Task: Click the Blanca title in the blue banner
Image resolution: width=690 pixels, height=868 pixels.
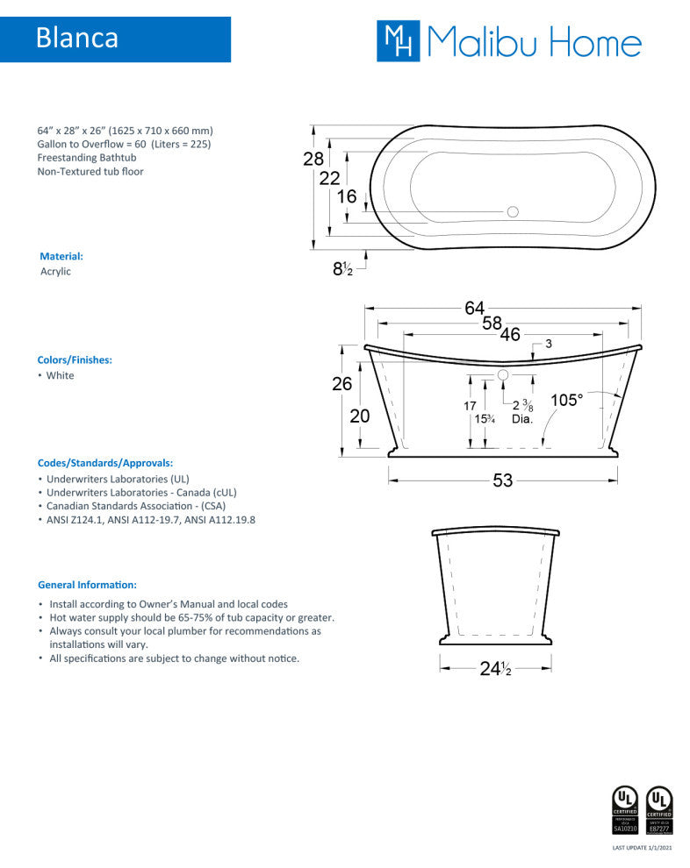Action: [x=77, y=39]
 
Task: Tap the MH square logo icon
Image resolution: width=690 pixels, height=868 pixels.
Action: [x=399, y=41]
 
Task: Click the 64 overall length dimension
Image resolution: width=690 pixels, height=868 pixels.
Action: [x=474, y=308]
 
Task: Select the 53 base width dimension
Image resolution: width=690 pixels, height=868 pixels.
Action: [x=502, y=480]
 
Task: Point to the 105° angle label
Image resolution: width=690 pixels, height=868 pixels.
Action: [x=566, y=400]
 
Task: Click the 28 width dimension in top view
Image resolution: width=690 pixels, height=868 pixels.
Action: [x=313, y=159]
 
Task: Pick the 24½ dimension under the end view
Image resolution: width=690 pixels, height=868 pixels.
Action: [x=495, y=669]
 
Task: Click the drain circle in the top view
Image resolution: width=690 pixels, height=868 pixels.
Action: [x=514, y=211]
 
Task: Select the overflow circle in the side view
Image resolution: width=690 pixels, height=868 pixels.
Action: [x=504, y=375]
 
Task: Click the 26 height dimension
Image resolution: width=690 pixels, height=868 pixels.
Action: [x=341, y=383]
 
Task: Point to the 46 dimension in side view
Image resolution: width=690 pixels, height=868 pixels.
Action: [x=510, y=334]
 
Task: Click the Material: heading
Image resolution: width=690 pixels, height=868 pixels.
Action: [x=61, y=257]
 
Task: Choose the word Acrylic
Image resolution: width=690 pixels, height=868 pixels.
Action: [x=55, y=272]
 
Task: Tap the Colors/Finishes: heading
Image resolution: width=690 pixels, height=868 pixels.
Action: [x=75, y=360]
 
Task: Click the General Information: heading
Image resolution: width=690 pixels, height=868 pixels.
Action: [x=87, y=584]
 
